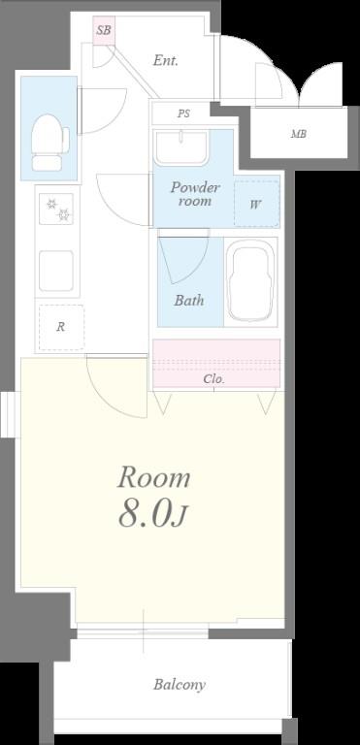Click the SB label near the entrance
104,30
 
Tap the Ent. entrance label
166,60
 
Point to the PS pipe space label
183,114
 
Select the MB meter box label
299,134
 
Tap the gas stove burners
56,210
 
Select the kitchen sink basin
56,271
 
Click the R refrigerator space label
60,327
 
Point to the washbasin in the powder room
180,147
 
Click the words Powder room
195,194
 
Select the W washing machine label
256,206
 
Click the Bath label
189,301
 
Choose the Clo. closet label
214,379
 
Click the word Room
154,477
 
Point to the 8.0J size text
153,515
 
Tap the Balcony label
180,685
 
